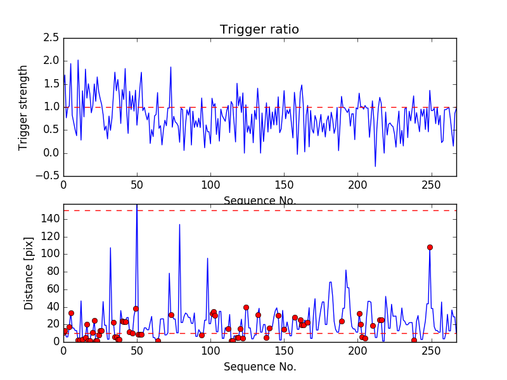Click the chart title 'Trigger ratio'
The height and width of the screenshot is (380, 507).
click(259, 30)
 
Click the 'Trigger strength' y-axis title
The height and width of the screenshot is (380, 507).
click(23, 107)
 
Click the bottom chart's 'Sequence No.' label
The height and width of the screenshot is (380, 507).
click(259, 367)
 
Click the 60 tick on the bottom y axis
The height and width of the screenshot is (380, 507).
click(52, 289)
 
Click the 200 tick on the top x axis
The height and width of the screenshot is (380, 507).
click(357, 186)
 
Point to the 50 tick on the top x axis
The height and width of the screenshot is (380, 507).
click(137, 186)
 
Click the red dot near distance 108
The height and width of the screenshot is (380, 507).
click(430, 247)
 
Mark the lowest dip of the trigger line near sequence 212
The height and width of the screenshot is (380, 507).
click(375, 167)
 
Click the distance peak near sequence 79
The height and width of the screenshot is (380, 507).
click(179, 224)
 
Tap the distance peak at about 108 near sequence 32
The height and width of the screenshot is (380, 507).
click(110, 248)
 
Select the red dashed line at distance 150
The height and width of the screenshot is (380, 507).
click(253, 210)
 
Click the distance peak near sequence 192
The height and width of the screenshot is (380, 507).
click(346, 270)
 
